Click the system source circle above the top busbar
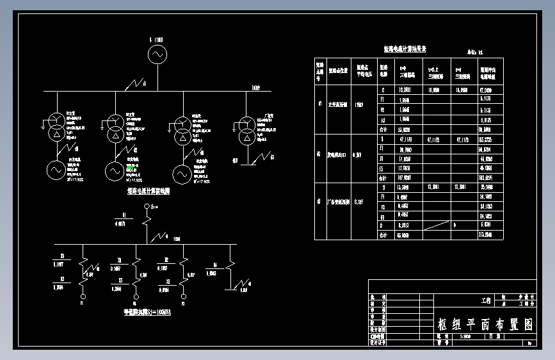(x=157, y=55)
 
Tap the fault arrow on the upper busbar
(x=136, y=83)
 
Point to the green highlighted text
(x=131, y=167)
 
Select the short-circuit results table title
(x=405, y=49)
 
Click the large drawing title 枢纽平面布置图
(x=485, y=324)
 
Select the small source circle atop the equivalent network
(x=147, y=206)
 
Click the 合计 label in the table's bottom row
(x=383, y=235)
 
